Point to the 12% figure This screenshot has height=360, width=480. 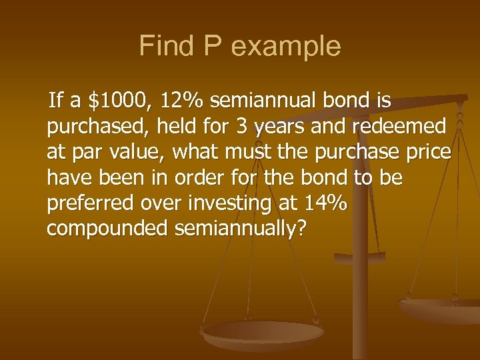tap(183, 101)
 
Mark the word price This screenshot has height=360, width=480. tap(427, 152)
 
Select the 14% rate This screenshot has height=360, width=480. tap(326, 203)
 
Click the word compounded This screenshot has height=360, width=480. tap(107, 228)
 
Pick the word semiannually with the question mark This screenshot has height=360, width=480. tap(241, 228)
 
